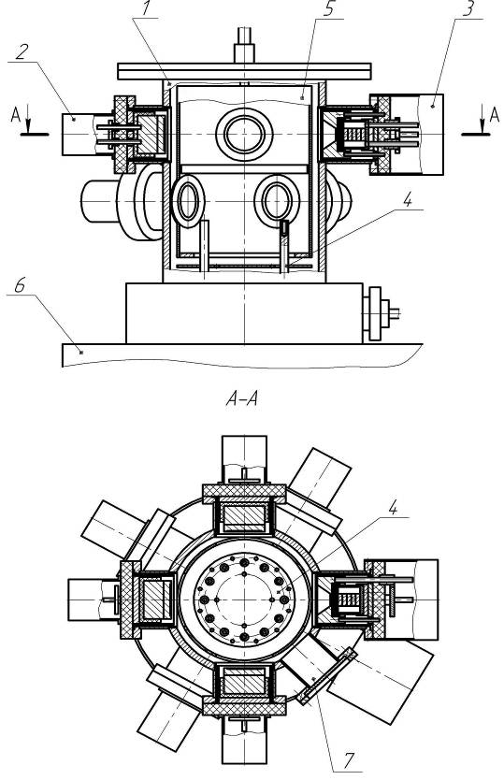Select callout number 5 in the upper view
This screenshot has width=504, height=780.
point(328,10)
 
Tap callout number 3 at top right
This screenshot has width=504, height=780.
point(468,9)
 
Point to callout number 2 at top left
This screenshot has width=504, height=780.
point(21,52)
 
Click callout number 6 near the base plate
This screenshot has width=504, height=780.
point(20,285)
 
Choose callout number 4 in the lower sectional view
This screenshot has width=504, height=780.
point(393,508)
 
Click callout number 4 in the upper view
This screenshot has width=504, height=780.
point(408,200)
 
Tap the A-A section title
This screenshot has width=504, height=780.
point(242,399)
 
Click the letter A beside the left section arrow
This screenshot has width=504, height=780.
point(16,115)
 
